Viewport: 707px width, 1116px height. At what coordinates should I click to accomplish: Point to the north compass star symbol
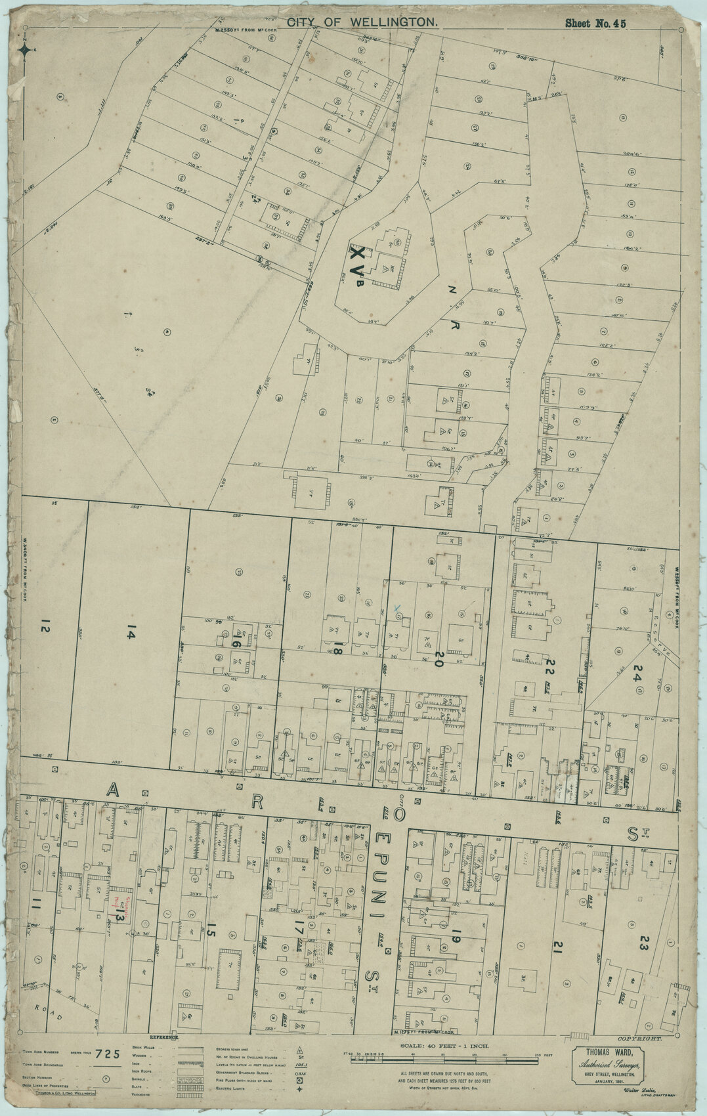[24, 49]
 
